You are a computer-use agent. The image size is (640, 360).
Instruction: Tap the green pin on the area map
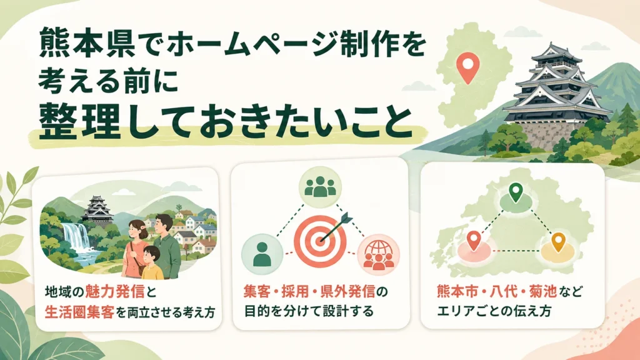pyautogui.click(x=516, y=192)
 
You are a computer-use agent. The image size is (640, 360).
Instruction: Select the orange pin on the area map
pyautogui.click(x=558, y=242)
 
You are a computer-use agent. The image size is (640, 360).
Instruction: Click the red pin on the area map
pyautogui.click(x=474, y=240)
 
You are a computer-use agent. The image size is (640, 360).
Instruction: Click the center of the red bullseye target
pyautogui.click(x=321, y=241)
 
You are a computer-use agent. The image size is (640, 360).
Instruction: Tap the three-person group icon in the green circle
pyautogui.click(x=320, y=187)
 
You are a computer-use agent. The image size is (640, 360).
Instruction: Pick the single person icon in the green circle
pyautogui.click(x=262, y=254)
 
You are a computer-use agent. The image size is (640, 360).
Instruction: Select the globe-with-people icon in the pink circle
pyautogui.click(x=378, y=255)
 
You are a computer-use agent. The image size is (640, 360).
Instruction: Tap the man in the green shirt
pyautogui.click(x=165, y=245)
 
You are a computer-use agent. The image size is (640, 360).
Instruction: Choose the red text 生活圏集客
pyautogui.click(x=79, y=312)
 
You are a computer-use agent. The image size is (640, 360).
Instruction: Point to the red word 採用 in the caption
pyautogui.click(x=295, y=292)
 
